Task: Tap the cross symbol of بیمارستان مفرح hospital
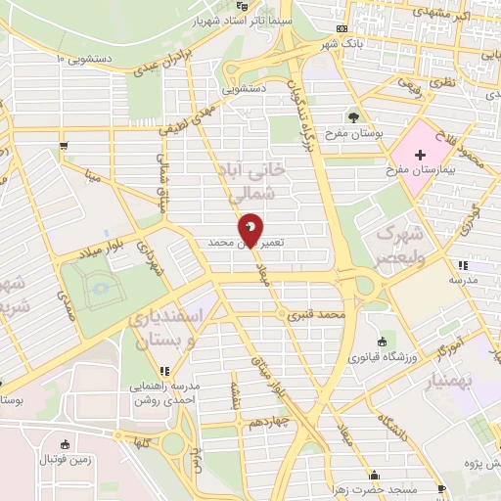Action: (x=420, y=155)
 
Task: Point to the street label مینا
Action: (x=93, y=177)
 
